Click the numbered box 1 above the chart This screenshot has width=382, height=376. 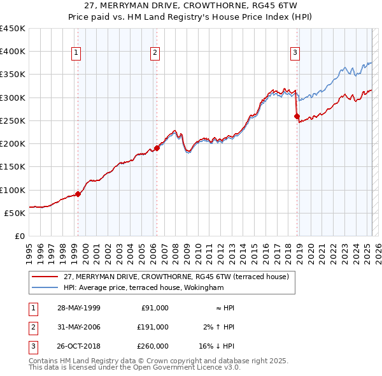76,54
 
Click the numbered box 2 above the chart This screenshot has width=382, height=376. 155,54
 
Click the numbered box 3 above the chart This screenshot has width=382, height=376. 295,54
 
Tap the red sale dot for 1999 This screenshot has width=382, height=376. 78,194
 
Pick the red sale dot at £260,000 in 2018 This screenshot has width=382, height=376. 297,116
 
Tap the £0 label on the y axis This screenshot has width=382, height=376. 19,236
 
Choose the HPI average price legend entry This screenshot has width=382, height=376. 143,287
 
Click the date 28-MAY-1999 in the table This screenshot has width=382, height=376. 79,308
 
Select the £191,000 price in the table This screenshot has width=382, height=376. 153,327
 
